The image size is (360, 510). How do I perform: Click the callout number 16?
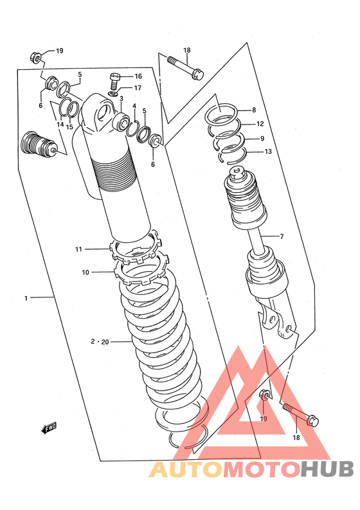pyautogui.click(x=138, y=76)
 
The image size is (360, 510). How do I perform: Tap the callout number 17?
pyautogui.click(x=138, y=88)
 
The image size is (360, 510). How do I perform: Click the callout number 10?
pyautogui.click(x=85, y=272)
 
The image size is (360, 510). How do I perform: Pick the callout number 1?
pyautogui.click(x=26, y=298)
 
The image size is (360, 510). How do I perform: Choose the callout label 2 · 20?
pyautogui.click(x=100, y=342)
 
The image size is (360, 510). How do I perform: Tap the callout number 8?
pyautogui.click(x=254, y=110)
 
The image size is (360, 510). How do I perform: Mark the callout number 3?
pyautogui.click(x=122, y=98)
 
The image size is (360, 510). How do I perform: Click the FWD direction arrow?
pyautogui.click(x=49, y=428)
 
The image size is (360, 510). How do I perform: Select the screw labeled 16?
pyautogui.click(x=114, y=81)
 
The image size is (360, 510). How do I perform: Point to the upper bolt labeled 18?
pyautogui.click(x=186, y=67)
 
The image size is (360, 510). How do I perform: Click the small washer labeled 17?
pyautogui.click(x=113, y=94)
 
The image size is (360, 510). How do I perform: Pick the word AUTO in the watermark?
pyautogui.click(x=186, y=470)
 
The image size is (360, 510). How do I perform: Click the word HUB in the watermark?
pyautogui.click(x=327, y=470)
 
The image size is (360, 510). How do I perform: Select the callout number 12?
pyautogui.click(x=260, y=124)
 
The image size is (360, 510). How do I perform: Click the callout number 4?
pyautogui.click(x=134, y=106)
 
